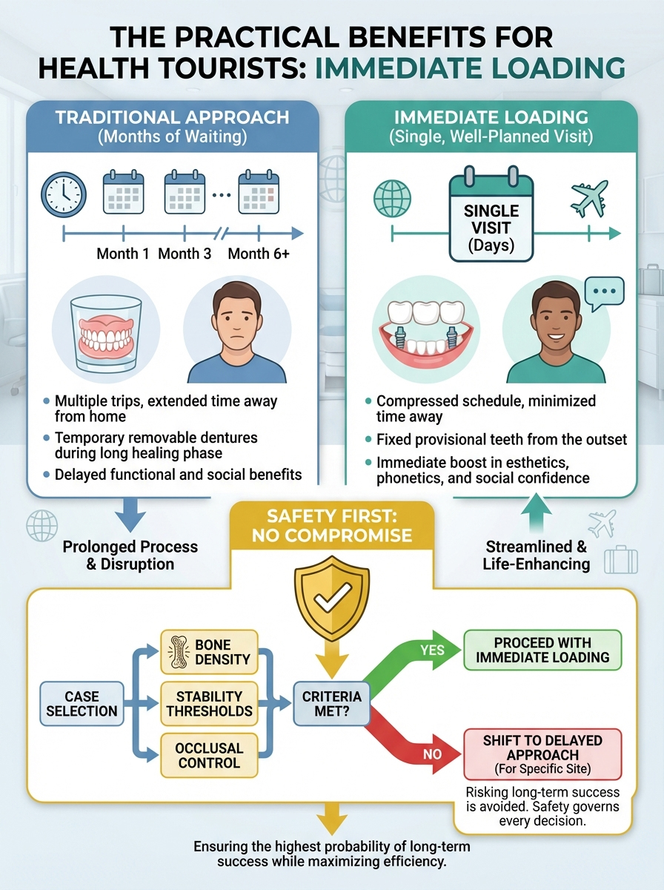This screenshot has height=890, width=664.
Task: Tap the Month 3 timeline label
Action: coord(185,254)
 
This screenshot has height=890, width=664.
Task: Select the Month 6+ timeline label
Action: coord(259,254)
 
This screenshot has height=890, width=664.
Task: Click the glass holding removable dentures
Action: coord(105,330)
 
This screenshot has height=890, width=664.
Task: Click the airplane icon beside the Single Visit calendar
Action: coord(590,198)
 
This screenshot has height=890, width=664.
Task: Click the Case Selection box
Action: coord(82,703)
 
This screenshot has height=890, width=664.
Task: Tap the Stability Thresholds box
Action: coord(209,703)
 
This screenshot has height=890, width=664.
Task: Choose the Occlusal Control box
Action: coord(209,755)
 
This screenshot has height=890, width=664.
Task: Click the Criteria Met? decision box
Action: coord(331,703)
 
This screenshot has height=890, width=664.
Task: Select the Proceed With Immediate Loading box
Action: coord(542,650)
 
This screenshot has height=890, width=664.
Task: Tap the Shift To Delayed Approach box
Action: coord(542,754)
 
